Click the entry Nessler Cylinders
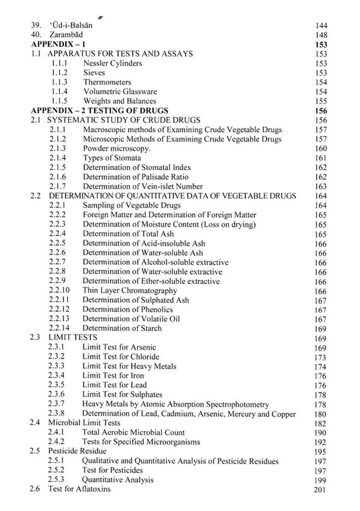coord(113,63)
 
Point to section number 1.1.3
coord(59,82)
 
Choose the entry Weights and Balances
coord(120,101)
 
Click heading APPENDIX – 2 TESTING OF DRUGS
coord(99,111)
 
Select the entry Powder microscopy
coord(116,149)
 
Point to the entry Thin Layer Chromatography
coord(130,291)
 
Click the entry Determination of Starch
coord(122,328)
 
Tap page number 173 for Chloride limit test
coord(320,357)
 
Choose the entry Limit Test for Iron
coord(113,376)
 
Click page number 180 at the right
coord(320,414)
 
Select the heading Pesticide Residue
coord(77,451)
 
